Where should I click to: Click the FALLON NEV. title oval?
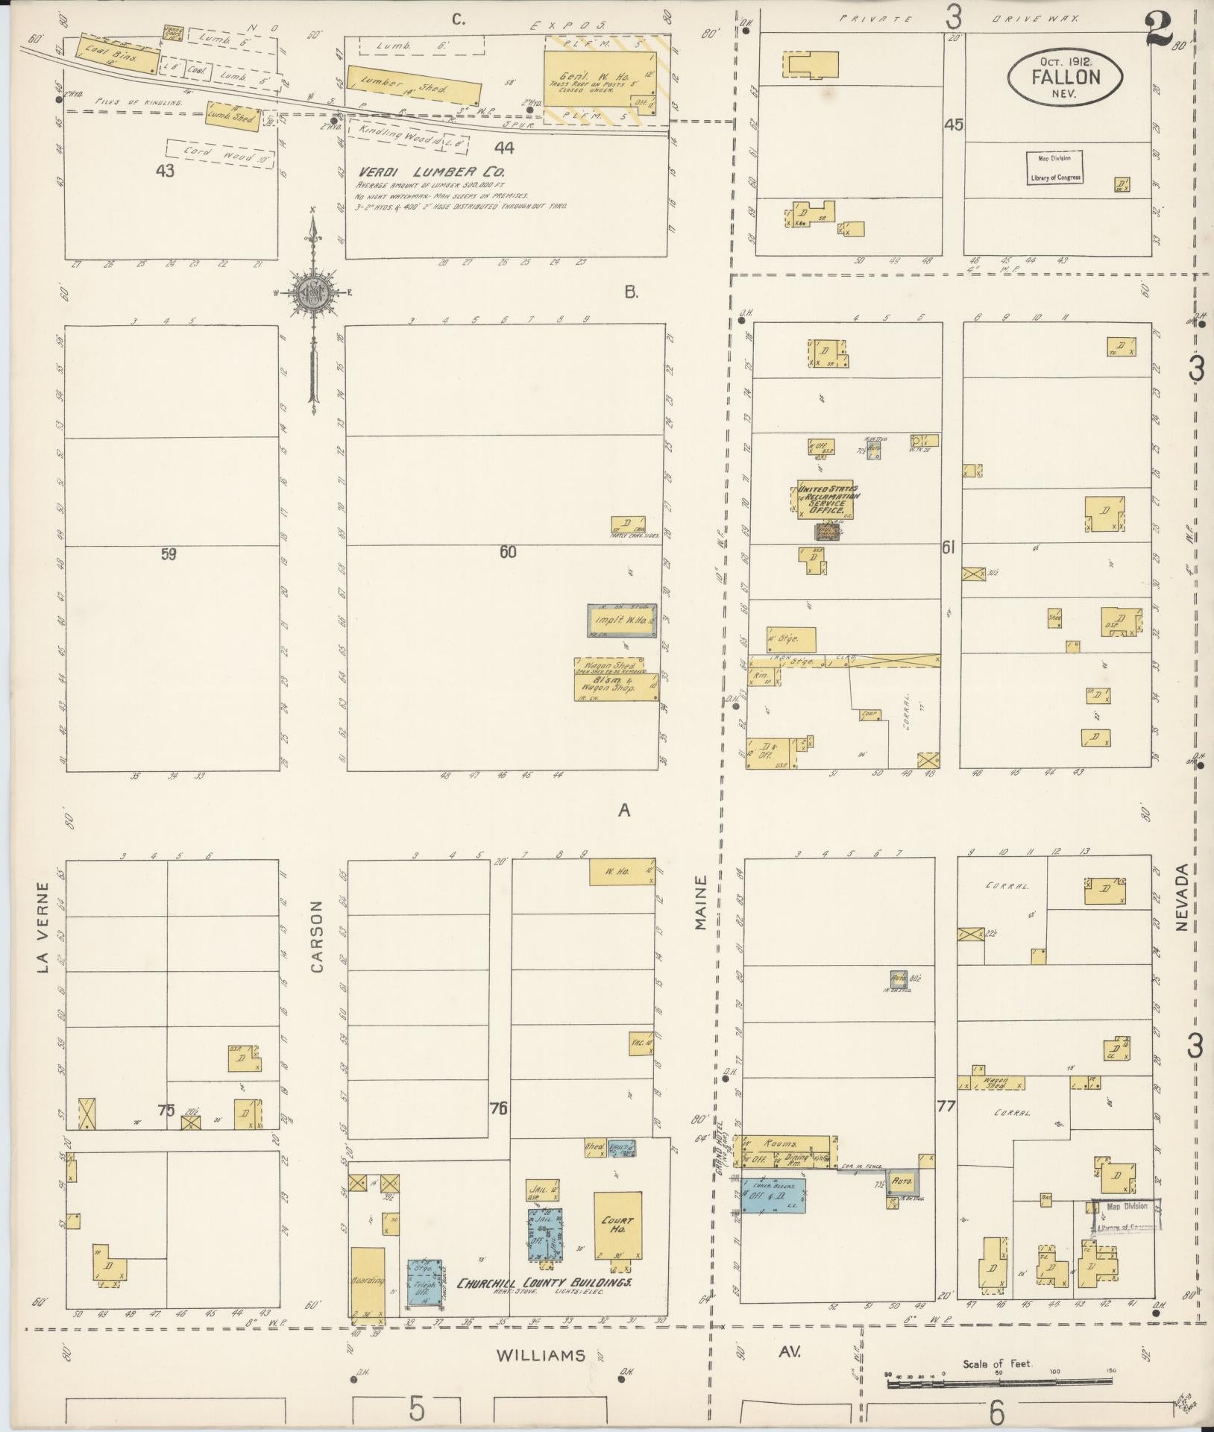(1066, 75)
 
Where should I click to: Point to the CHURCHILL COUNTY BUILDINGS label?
(544, 1284)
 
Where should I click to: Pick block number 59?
(169, 553)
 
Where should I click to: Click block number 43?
(165, 171)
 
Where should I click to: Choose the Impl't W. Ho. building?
(622, 621)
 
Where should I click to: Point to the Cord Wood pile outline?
(220, 154)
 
